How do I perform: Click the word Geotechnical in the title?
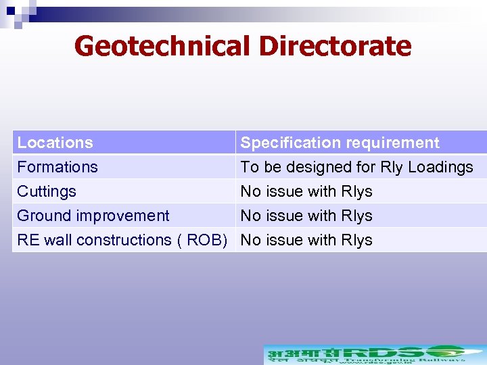(x=162, y=46)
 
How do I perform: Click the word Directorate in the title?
(x=335, y=46)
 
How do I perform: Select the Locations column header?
(x=55, y=143)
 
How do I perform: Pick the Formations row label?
(x=57, y=167)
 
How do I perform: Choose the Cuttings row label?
(x=47, y=191)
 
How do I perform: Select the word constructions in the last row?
(x=129, y=240)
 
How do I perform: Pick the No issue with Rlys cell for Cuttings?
(x=306, y=191)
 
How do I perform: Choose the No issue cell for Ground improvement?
(x=306, y=216)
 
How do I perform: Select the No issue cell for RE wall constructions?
(x=306, y=240)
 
